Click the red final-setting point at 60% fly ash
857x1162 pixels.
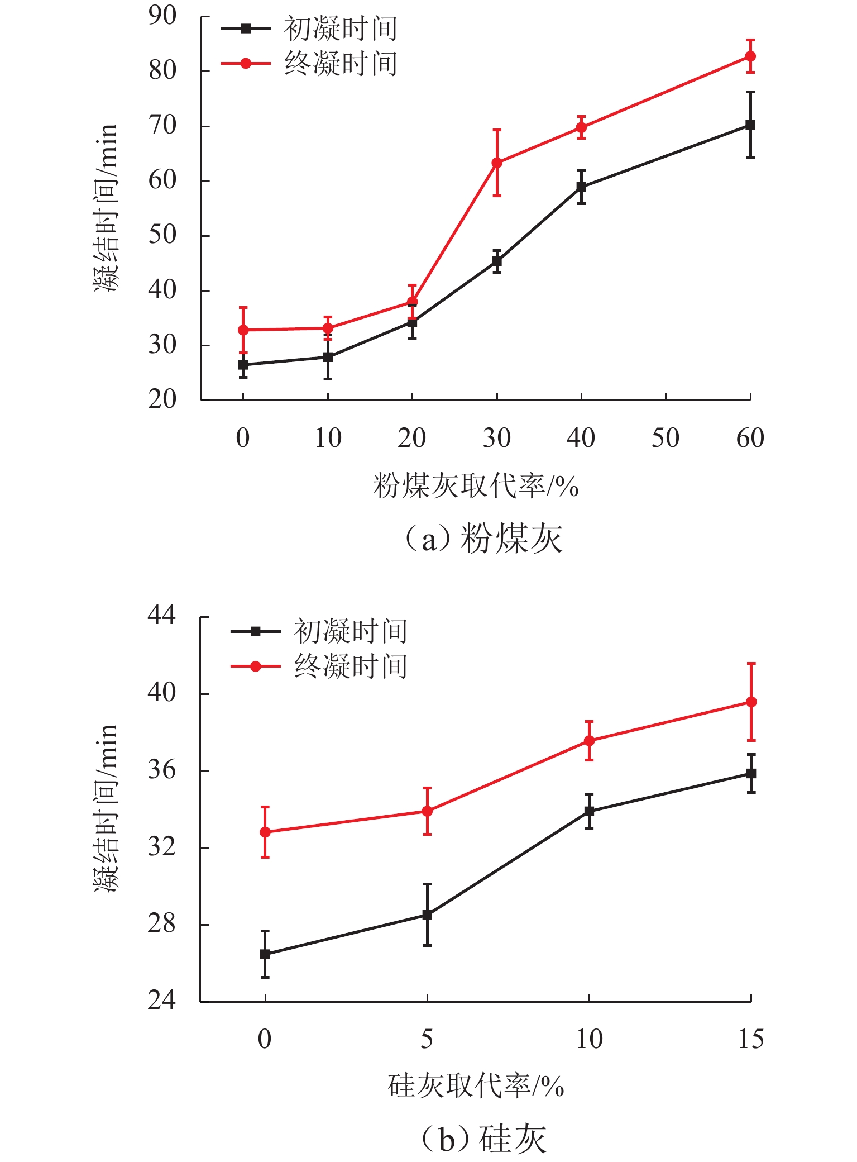point(750,56)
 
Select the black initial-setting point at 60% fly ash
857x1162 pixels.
point(750,125)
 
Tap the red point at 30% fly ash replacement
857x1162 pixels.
point(497,163)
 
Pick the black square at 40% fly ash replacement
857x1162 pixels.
point(581,187)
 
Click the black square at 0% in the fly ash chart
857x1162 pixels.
point(243,365)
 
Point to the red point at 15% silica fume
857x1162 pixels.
point(751,702)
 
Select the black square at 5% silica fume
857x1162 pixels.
point(427,915)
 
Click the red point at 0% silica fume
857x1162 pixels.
point(265,832)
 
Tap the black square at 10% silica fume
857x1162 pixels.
point(589,811)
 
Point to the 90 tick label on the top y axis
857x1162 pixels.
point(162,16)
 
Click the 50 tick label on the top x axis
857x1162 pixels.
point(666,439)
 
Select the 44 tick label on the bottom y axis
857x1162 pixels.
point(161,616)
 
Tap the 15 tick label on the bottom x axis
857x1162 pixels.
point(751,1040)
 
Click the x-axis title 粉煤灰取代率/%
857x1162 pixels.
point(476,486)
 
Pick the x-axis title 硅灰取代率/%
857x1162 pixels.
point(476,1087)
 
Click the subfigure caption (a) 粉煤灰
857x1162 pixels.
point(483,540)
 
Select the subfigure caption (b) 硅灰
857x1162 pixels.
point(483,1140)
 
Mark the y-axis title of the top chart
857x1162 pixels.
point(106,208)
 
